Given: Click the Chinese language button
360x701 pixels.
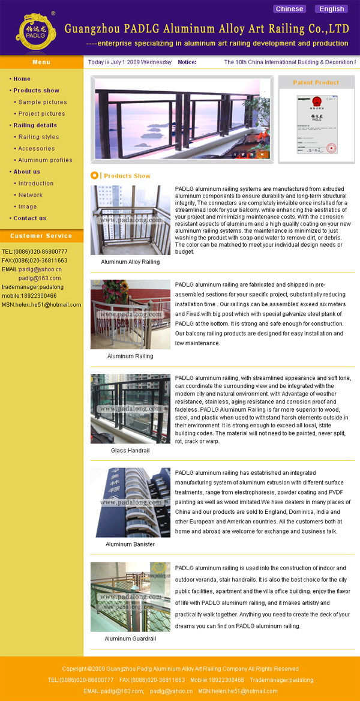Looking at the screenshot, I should click(x=289, y=9).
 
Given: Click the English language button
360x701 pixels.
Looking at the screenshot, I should click(x=331, y=9).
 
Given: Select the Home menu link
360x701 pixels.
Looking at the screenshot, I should click(x=22, y=79).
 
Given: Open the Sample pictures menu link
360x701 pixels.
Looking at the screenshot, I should click(x=42, y=103).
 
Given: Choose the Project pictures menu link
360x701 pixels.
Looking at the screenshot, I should click(x=41, y=114).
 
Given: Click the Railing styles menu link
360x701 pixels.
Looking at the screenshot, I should click(x=38, y=137).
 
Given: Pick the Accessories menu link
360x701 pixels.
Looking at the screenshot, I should click(x=36, y=149).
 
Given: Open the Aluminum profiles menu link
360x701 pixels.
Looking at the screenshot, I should click(x=45, y=160).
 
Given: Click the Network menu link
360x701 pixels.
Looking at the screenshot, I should click(x=30, y=195).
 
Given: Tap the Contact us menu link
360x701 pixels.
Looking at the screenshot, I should click(x=29, y=218).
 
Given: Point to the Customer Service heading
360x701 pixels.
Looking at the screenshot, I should click(x=41, y=236).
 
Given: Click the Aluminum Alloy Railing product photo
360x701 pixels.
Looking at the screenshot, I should click(x=130, y=220).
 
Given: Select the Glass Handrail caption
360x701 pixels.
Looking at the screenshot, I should click(x=130, y=451).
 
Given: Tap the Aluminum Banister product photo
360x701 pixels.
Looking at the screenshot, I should click(x=130, y=502).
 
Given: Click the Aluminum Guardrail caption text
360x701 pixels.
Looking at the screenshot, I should click(x=130, y=639).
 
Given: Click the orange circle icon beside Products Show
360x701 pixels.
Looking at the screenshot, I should click(x=94, y=175).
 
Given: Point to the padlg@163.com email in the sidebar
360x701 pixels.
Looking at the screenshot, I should click(x=40, y=278).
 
